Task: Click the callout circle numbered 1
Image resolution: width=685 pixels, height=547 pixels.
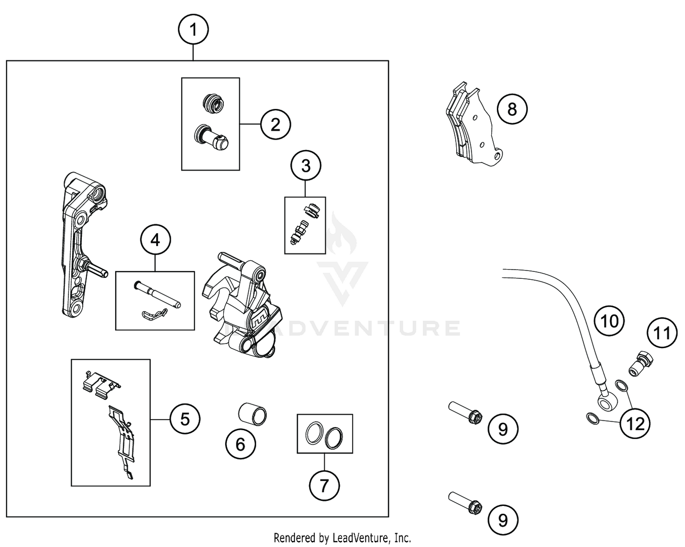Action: (193, 30)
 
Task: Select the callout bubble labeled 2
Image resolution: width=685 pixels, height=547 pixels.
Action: (275, 124)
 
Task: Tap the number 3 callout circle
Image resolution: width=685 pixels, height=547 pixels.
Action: (306, 166)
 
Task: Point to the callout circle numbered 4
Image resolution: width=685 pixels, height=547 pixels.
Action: (155, 240)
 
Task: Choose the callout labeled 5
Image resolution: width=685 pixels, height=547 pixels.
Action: (185, 419)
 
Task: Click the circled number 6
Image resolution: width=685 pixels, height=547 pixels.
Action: (241, 444)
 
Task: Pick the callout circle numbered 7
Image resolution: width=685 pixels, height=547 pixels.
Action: (324, 485)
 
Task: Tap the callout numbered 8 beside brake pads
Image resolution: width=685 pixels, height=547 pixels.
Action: (512, 109)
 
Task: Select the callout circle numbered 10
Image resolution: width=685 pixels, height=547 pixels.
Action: (609, 321)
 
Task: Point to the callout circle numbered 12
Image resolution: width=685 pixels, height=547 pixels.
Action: (635, 424)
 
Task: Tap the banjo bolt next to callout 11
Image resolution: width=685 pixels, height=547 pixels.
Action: (642, 363)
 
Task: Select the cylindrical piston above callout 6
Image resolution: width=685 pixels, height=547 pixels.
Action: (253, 413)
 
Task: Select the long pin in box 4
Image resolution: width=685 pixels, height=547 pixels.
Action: (158, 294)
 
